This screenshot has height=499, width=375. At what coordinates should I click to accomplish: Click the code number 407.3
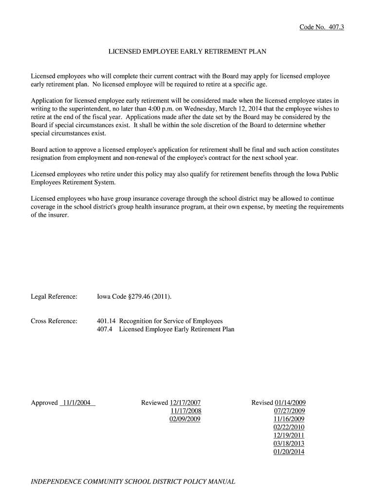click(334, 27)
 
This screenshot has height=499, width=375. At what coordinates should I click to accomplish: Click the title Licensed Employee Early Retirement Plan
click(187, 51)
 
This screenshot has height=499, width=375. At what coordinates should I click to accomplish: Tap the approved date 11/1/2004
click(76, 403)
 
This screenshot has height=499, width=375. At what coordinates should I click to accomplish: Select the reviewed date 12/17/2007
click(185, 403)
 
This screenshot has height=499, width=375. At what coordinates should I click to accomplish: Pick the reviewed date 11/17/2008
click(185, 411)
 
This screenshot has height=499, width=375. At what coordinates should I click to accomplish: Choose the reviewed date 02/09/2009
click(185, 419)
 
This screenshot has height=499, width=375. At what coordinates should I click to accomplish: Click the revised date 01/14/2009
click(290, 403)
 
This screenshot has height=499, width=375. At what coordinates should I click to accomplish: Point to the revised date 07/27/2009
click(290, 411)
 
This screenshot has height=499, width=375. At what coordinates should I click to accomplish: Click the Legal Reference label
click(54, 297)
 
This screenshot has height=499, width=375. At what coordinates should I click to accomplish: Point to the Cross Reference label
click(54, 321)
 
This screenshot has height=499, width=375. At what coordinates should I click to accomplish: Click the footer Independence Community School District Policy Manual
click(133, 481)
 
